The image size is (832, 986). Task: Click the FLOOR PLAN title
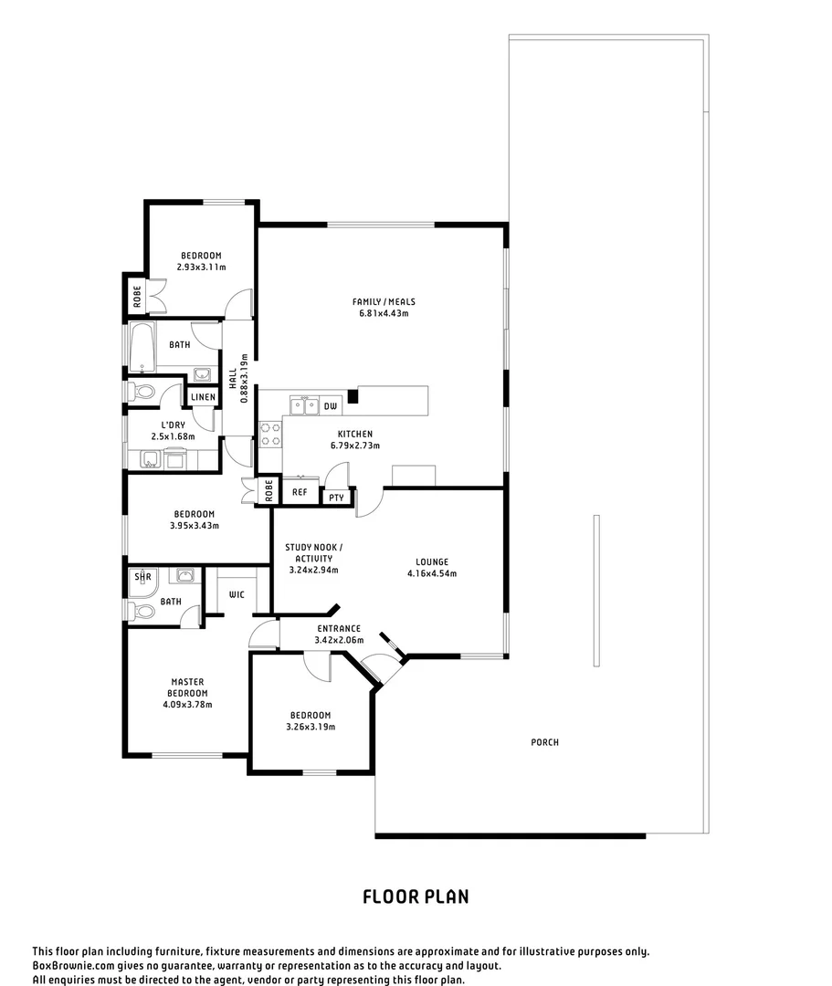tap(416, 897)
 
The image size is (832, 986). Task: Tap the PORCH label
tap(544, 742)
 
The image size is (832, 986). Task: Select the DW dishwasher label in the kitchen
tap(330, 405)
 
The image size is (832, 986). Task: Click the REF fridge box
tap(300, 492)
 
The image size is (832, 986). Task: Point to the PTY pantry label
tap(336, 498)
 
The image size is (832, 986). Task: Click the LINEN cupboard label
tap(203, 397)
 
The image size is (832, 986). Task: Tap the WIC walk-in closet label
tap(237, 594)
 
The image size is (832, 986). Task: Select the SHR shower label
tap(142, 577)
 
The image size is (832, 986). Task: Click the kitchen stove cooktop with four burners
tap(270, 434)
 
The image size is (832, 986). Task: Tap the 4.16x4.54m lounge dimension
tap(432, 573)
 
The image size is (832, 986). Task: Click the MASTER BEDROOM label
tap(187, 687)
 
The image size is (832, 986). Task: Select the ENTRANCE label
tap(339, 628)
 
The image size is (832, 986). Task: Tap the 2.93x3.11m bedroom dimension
tap(201, 267)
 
